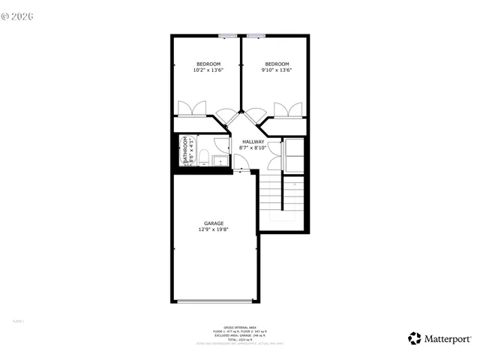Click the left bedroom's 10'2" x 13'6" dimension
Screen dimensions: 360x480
pos(208,70)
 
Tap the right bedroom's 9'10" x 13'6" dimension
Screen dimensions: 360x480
pos(276,70)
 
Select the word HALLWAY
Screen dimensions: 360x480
pos(253,141)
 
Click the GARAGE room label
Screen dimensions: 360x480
pos(213,223)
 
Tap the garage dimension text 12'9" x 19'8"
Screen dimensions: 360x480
pos(213,229)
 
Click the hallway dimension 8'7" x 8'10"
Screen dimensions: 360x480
pos(253,148)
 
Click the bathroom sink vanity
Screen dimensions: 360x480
pos(220,160)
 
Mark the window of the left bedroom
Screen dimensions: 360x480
pos(228,35)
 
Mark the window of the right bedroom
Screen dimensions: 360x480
pos(256,35)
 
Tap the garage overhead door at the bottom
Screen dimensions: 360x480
pos(214,301)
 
